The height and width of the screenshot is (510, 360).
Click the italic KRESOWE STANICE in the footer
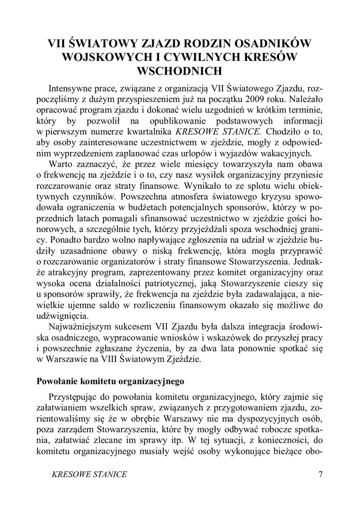pos(89,474)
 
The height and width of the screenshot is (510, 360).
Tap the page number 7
pos(320,474)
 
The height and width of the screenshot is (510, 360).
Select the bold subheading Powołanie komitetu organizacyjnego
pos(111,382)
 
